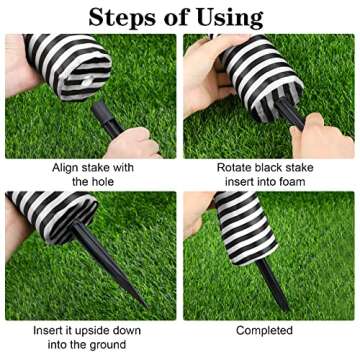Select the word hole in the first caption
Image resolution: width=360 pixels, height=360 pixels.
click(112, 182)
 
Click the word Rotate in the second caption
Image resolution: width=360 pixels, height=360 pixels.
click(237, 167)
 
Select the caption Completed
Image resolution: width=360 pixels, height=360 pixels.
click(264, 330)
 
